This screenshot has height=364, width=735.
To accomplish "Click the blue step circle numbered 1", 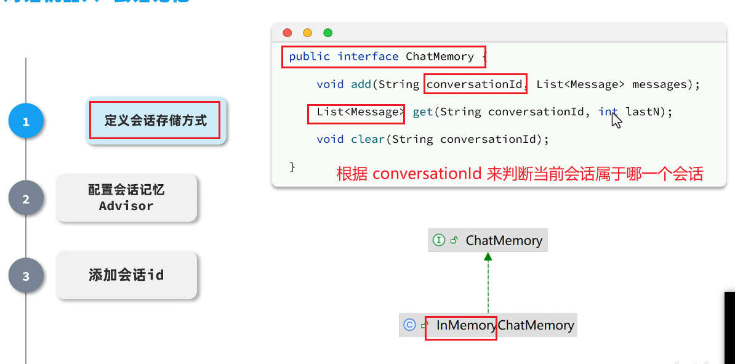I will [x=26, y=121].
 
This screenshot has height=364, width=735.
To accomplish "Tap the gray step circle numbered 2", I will [x=26, y=199].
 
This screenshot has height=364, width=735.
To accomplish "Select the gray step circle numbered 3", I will [x=26, y=276].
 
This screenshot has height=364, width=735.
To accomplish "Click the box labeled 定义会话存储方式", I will [x=155, y=121].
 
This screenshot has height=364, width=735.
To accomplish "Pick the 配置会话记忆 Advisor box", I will [x=126, y=198].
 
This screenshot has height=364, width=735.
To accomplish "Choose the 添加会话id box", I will [x=126, y=275].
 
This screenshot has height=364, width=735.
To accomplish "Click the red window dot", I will [x=287, y=33].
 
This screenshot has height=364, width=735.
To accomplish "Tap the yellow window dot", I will [x=307, y=33].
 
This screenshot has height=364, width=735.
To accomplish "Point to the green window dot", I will [x=327, y=33].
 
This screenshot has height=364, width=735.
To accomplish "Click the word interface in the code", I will [x=367, y=57].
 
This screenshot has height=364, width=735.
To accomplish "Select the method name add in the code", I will [x=361, y=84].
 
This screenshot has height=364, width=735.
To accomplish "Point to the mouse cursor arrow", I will [x=616, y=119].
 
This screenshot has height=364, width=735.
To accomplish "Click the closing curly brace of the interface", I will [x=292, y=167].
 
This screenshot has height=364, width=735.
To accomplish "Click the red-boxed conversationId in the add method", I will [x=475, y=84].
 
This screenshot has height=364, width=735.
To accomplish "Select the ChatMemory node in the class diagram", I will [x=488, y=240].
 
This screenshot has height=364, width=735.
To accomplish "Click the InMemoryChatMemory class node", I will [x=488, y=325].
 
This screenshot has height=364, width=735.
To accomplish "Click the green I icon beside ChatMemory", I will [x=439, y=240].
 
